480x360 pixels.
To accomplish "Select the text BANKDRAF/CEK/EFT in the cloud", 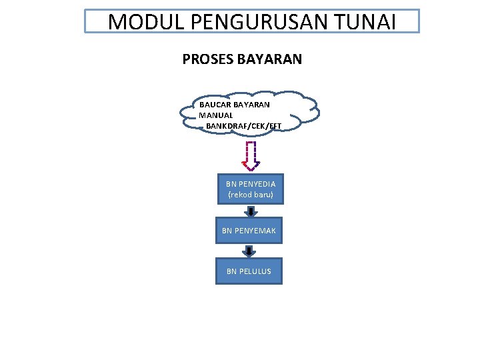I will coord(244,125).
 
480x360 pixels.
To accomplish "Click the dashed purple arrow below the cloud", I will coord(251,155).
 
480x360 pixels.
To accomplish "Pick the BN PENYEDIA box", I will coord(250,189).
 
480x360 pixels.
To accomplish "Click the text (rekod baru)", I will coord(251,195).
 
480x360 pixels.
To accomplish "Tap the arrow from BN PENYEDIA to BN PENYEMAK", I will coord(250,211).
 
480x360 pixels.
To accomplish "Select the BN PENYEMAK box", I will coord(249,231).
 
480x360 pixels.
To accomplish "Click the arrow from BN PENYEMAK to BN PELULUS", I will coord(249,251).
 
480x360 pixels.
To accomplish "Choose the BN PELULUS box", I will coord(249,271).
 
